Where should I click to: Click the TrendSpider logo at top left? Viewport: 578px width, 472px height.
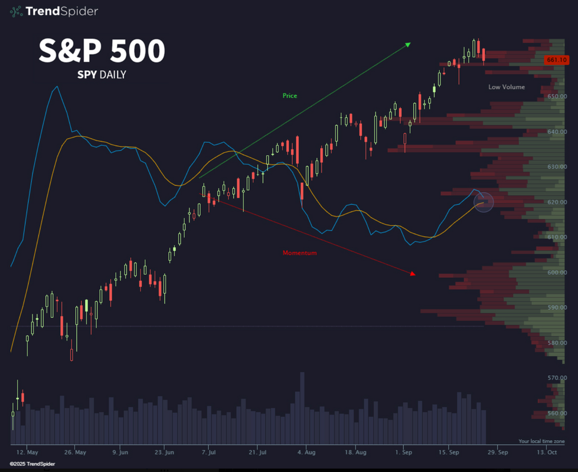click(x=54, y=11)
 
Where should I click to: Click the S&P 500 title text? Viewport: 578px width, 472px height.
click(x=102, y=51)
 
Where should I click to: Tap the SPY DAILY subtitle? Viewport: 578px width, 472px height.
click(x=102, y=74)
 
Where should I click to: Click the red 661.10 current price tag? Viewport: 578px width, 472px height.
click(x=557, y=60)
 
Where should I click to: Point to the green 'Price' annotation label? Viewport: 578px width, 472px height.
click(x=290, y=96)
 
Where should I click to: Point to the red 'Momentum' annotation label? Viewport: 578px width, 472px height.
click(x=299, y=253)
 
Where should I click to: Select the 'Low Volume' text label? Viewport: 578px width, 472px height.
click(x=507, y=87)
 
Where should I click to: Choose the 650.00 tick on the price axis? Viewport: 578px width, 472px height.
click(x=558, y=96)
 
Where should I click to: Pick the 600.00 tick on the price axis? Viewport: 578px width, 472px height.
click(x=558, y=273)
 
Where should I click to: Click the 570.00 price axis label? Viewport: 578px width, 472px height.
click(x=558, y=378)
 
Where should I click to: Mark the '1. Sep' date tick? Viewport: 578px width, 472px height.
click(x=403, y=453)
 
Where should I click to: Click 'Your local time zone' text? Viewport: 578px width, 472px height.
click(x=541, y=441)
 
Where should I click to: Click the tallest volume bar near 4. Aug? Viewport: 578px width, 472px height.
click(x=302, y=407)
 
